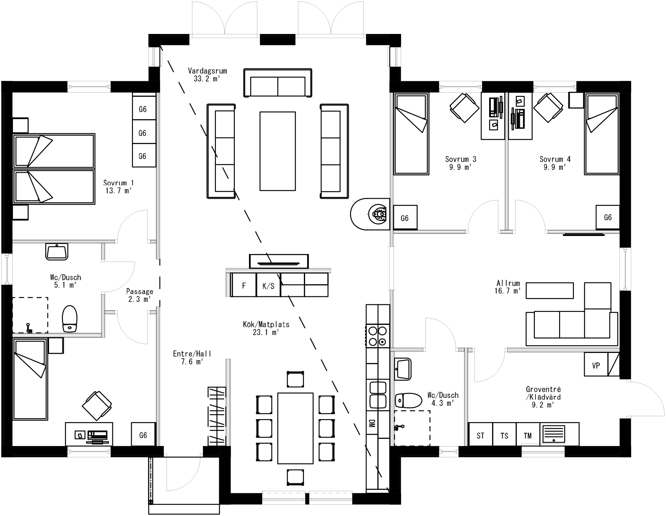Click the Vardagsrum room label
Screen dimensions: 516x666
coord(207,74)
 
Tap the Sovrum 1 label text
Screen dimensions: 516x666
coord(119,187)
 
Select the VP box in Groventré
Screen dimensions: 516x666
coord(596,365)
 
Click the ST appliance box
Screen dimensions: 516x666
coord(480,436)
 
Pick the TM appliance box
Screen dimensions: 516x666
coord(528,436)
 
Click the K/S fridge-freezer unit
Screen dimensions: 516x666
coord(268,286)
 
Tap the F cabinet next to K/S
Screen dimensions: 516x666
coord(244,286)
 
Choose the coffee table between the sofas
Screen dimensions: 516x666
coord(277,150)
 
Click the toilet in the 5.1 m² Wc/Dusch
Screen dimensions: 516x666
coord(70,319)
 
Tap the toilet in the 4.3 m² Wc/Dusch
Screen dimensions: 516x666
coord(409,400)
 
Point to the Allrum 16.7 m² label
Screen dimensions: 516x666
coord(508,287)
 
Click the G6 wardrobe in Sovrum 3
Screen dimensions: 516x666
coord(405,218)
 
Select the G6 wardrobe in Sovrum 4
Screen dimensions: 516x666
coord(608,217)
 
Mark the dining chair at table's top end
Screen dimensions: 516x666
coord(295,379)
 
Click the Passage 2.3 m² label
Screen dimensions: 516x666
coord(140,295)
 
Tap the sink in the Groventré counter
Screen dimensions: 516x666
coord(554,433)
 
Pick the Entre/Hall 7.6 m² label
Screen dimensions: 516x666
coord(192,358)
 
